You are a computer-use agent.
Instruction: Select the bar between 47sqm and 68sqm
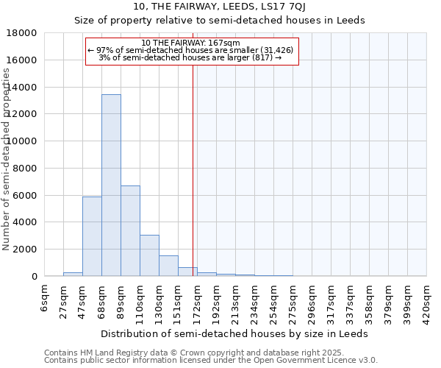point(92,236)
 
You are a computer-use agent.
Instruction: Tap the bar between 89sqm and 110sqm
point(130,230)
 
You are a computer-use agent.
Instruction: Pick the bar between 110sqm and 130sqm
point(149,255)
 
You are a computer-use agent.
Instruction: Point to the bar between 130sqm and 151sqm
point(168,266)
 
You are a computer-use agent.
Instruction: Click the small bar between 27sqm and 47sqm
point(73,274)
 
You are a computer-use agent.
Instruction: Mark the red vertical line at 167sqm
point(193,169)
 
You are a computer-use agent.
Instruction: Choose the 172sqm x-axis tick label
point(197,302)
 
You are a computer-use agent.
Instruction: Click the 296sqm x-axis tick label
point(312,302)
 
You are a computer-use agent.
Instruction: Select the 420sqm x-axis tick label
point(426,302)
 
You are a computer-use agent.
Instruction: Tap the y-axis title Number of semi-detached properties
point(7,158)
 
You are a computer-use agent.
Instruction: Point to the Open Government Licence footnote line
point(211,360)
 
